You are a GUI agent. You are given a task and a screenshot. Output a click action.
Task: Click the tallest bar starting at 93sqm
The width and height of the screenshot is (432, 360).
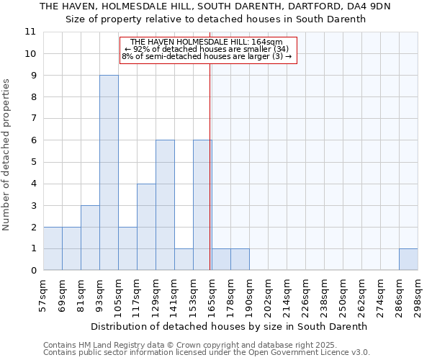tap(109, 173)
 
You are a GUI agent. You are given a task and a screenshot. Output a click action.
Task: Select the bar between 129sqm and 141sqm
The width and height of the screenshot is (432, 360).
tap(165, 205)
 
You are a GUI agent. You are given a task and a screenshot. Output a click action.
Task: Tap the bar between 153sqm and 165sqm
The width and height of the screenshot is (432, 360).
tap(202, 205)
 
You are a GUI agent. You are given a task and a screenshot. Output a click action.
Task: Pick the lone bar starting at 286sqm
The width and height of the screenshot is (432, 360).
tap(408, 259)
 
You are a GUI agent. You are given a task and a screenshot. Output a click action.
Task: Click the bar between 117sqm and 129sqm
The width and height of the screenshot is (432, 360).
tap(146, 227)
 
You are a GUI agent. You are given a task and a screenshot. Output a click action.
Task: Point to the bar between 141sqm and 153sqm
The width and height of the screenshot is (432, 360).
tap(184, 259)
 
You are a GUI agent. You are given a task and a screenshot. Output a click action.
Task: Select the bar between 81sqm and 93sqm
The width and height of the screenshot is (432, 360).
tap(90, 238)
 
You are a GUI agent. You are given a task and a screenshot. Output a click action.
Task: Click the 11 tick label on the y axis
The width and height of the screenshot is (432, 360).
tap(30, 32)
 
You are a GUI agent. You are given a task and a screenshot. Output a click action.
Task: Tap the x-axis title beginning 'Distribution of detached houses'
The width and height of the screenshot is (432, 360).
tap(230, 326)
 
